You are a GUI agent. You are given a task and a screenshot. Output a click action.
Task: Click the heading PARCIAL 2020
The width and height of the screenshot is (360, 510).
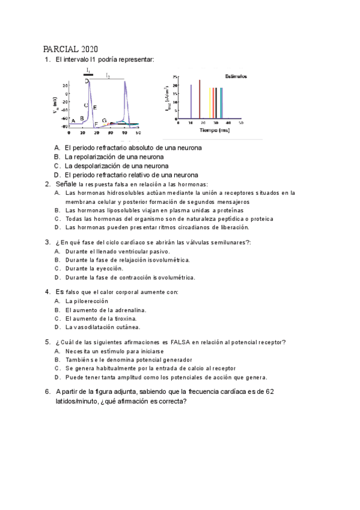pyautogui.click(x=71, y=49)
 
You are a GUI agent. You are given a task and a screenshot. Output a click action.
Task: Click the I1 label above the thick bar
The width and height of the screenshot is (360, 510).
pyautogui.click(x=88, y=70)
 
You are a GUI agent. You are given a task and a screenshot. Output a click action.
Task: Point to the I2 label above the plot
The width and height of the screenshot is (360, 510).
pyautogui.click(x=108, y=76)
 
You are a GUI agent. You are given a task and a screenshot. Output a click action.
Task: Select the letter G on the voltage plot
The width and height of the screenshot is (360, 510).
pyautogui.click(x=104, y=121)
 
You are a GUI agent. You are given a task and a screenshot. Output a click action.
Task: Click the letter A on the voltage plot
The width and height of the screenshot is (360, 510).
pyautogui.click(x=73, y=121)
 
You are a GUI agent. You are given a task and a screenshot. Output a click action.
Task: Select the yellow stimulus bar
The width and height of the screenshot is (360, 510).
pyautogui.click(x=210, y=103)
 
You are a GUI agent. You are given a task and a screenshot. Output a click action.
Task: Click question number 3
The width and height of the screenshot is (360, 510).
pyautogui.click(x=47, y=242)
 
